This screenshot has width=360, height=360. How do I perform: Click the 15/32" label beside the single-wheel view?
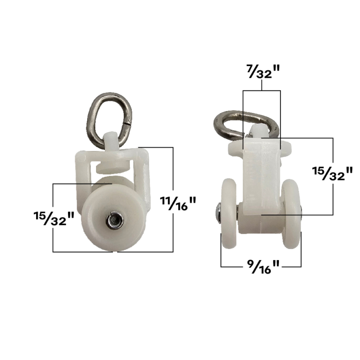(x=54, y=218)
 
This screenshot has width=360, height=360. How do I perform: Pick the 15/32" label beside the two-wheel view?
(x=332, y=173)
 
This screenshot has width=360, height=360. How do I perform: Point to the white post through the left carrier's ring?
(x=110, y=140)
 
